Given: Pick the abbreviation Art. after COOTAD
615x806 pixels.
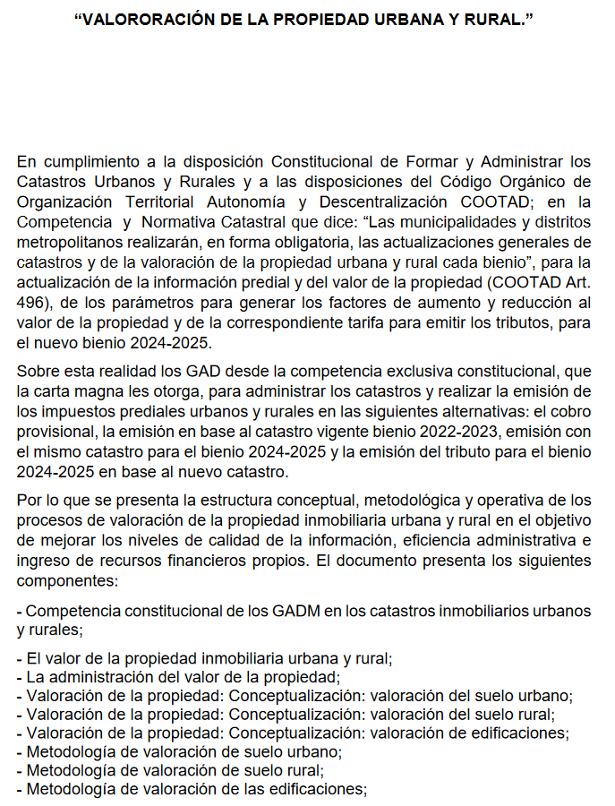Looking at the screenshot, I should (x=576, y=282).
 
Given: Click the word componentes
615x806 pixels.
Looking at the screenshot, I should (x=62, y=581).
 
